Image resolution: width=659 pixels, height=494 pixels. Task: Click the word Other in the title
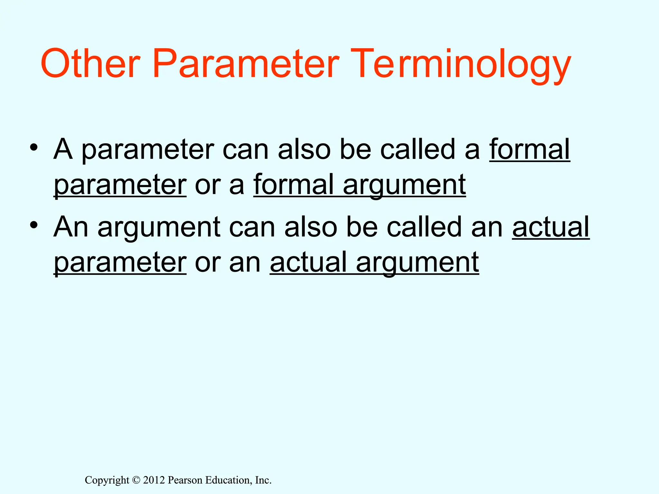90,63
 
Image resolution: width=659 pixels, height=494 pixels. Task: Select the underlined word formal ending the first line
530,149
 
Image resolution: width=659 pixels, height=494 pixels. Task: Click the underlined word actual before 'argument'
308,262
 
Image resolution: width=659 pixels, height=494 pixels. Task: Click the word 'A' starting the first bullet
63,149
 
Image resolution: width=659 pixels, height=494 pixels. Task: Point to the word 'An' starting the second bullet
71,227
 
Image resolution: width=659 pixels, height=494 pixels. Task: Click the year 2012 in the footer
154,480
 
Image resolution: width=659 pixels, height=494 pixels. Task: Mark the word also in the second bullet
311,227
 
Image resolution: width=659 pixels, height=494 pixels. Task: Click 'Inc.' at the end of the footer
263,480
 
